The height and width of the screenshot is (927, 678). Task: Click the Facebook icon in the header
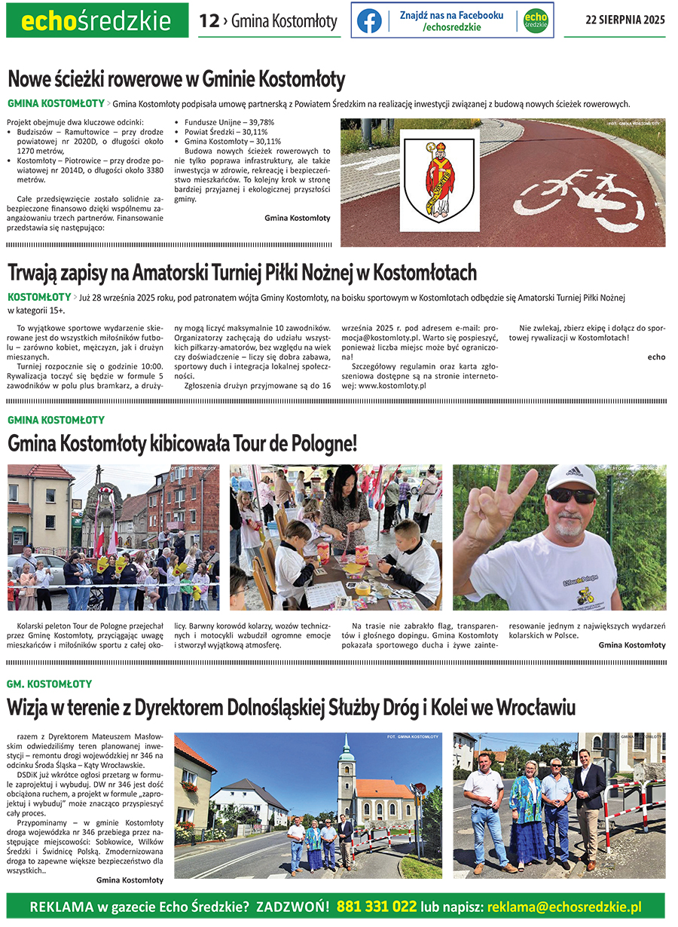coord(369,20)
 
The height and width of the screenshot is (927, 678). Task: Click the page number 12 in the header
coord(209,21)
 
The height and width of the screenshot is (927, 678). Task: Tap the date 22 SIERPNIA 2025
coord(625,20)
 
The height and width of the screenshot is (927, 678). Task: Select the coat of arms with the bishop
coord(439,180)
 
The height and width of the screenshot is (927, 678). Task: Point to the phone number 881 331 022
coord(377,906)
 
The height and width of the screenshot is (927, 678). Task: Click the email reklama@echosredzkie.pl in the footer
coord(565,906)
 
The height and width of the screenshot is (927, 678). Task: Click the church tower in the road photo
coord(346,776)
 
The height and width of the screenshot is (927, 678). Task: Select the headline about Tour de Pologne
coord(182,443)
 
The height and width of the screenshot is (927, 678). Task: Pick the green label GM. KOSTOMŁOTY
coord(50,684)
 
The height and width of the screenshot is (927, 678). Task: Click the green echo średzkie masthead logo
coord(96,21)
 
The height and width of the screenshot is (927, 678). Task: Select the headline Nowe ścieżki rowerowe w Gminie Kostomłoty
coord(176,79)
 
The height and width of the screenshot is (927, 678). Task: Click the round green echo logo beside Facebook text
coord(536,20)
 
